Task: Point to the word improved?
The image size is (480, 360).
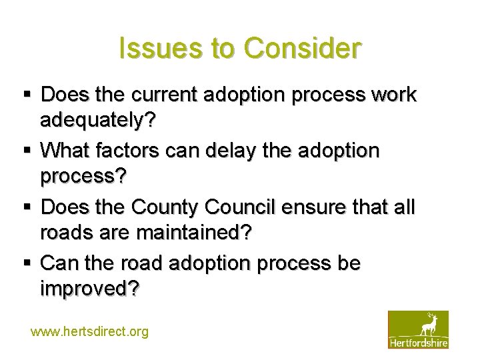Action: click(89, 289)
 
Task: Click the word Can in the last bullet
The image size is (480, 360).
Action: click(59, 263)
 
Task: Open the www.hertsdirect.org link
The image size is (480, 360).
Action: click(90, 331)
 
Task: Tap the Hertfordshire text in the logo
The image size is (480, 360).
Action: click(418, 342)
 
